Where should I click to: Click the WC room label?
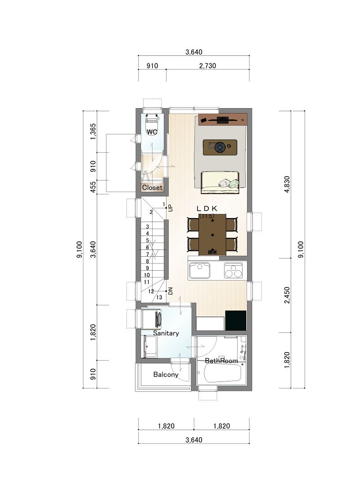point(152,132)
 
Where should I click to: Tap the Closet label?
point(153,187)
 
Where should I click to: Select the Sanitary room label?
point(166,333)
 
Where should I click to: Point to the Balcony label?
point(166,375)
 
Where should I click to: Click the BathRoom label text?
point(221,361)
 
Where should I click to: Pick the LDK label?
point(207,209)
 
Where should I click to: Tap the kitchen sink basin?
point(199,271)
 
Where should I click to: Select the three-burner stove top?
point(233,271)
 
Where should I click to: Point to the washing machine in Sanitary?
point(151,319)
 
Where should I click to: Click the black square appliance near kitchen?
point(236,321)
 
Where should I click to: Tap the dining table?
point(212,235)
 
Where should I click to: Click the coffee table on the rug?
point(220,147)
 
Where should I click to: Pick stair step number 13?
point(159,298)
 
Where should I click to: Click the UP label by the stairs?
point(171,208)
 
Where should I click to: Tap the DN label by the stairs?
point(171,291)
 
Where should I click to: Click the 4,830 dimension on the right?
point(287,185)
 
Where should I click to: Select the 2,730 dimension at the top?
point(207,66)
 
